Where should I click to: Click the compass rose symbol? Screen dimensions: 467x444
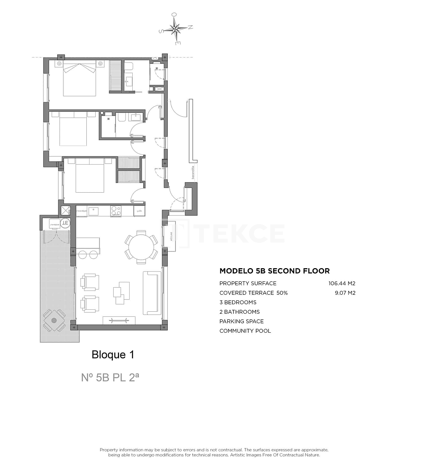pyautogui.click(x=176, y=28)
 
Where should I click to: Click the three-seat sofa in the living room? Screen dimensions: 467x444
pyautogui.click(x=152, y=293)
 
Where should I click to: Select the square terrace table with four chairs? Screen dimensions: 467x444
pyautogui.click(x=54, y=320)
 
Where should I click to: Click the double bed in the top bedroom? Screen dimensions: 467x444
pyautogui.click(x=80, y=79)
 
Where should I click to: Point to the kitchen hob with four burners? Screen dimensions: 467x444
pyautogui.click(x=116, y=211)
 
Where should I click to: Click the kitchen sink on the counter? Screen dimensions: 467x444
pyautogui.click(x=93, y=211)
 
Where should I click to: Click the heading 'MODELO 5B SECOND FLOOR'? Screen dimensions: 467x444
pyautogui.click(x=274, y=271)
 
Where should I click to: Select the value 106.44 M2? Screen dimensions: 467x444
pyautogui.click(x=342, y=283)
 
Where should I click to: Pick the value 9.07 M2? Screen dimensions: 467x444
pyautogui.click(x=345, y=293)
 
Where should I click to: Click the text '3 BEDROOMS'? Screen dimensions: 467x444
pyautogui.click(x=238, y=302)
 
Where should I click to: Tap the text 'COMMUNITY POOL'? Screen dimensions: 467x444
pyautogui.click(x=245, y=331)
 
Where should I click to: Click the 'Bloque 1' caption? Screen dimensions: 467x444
pyautogui.click(x=113, y=355)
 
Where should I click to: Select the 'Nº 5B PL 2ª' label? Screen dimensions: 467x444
pyautogui.click(x=110, y=377)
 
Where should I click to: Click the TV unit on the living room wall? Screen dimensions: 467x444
pyautogui.click(x=119, y=320)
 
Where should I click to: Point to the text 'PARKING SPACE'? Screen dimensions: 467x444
pyautogui.click(x=241, y=321)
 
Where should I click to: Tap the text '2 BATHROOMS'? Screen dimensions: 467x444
pyautogui.click(x=239, y=312)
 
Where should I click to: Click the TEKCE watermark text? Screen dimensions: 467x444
pyautogui.click(x=241, y=233)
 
